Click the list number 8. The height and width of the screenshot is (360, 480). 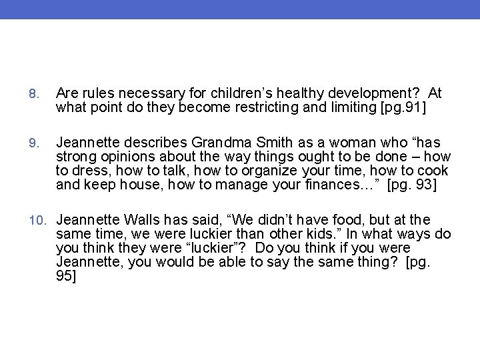coord(35,94)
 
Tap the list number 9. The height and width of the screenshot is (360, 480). coord(35,143)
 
